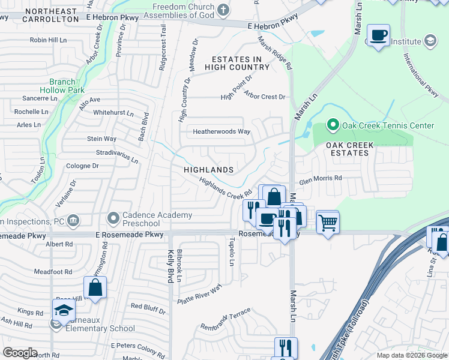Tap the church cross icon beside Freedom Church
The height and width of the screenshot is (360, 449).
click(x=223, y=9)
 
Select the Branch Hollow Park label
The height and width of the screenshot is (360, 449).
click(x=67, y=85)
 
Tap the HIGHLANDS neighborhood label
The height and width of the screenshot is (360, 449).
click(x=208, y=170)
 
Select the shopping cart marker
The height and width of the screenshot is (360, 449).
click(x=327, y=223)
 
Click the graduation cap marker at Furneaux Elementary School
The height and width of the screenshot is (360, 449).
click(x=62, y=311)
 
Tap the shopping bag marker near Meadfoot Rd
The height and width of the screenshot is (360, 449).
click(x=95, y=288)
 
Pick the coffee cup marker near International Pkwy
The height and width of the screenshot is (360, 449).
click(x=378, y=36)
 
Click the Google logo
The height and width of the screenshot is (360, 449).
click(x=20, y=353)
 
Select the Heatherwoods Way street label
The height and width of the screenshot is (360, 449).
click(x=221, y=131)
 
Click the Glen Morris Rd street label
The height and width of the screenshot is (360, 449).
click(x=321, y=178)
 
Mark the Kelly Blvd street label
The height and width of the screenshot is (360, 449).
click(x=171, y=266)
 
